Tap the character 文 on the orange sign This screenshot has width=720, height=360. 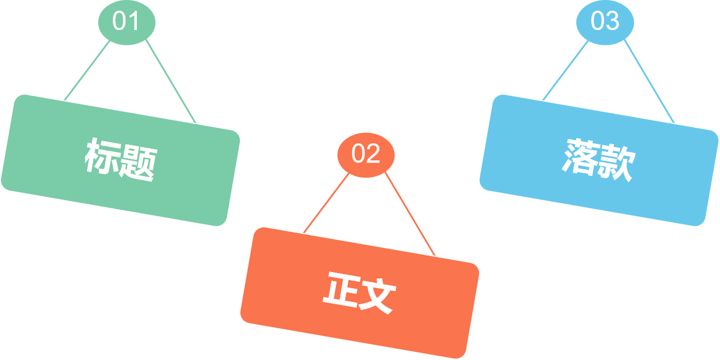point(377,297)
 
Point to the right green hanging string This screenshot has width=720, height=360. point(171,82)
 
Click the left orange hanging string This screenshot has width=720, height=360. point(326,203)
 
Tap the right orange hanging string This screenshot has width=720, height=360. point(410,215)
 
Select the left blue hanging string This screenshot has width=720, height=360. point(565,70)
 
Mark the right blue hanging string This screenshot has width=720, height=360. point(649,82)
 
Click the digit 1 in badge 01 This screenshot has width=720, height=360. point(133,21)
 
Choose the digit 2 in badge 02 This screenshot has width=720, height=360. point(373,154)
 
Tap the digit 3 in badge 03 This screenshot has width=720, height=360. point(612,21)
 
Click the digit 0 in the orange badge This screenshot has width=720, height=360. point(358,154)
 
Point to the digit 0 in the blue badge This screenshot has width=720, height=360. point(598,21)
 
